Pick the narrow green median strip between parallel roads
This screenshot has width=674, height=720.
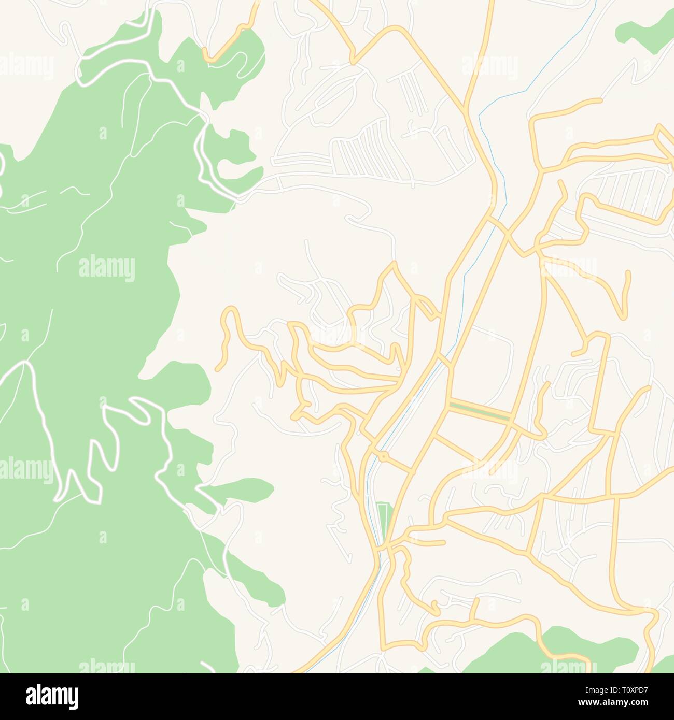click(x=480, y=410)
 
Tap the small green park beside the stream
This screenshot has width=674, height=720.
click(x=384, y=521)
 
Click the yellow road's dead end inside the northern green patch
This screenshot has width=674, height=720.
click(x=205, y=52)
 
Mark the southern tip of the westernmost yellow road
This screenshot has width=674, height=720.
click(x=218, y=369)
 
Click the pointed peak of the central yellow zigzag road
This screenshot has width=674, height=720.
click(x=394, y=264)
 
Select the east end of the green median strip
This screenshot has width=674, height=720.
click(x=510, y=417)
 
